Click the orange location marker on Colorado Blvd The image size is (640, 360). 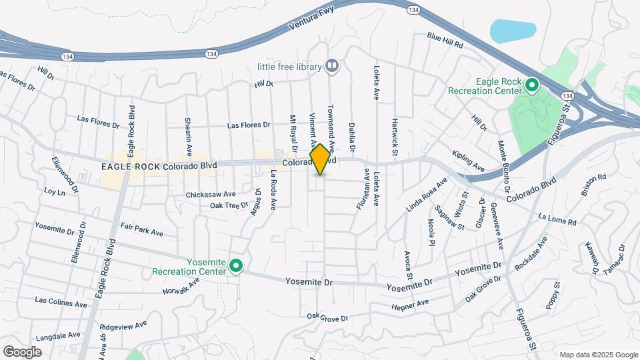point(320,159)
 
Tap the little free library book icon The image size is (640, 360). point(331,66)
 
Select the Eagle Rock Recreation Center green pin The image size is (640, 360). point(532,85)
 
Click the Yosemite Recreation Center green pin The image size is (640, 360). point(235,267)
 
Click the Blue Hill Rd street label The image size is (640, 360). point(445,39)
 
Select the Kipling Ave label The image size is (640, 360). point(468,159)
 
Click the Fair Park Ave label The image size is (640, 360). point(142,230)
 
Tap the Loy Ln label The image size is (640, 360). point(55,191)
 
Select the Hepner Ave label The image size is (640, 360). point(411,305)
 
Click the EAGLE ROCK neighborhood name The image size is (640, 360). point(130,166)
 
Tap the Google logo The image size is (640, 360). point(22,351)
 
